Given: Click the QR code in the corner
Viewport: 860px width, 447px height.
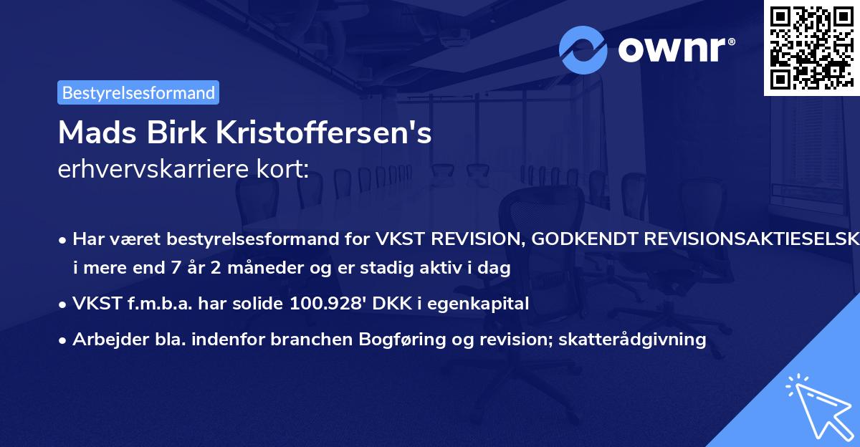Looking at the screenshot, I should pyautogui.click(x=811, y=48).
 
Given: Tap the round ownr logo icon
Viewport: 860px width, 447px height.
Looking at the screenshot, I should pyautogui.click(x=583, y=50).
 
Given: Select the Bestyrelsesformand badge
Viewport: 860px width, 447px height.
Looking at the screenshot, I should pyautogui.click(x=138, y=92).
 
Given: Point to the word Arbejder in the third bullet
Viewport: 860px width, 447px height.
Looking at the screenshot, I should pyautogui.click(x=102, y=339).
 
